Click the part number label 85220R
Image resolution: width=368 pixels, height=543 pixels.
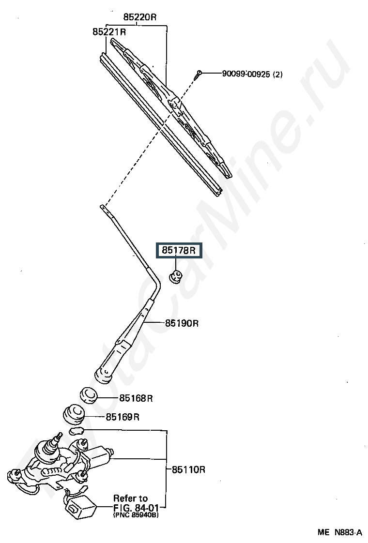(140, 17)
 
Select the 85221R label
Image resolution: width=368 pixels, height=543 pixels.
(109, 32)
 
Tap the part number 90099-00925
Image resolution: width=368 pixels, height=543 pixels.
(246, 74)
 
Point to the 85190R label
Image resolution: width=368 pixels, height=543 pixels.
(182, 323)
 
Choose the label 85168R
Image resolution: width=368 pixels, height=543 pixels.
(136, 398)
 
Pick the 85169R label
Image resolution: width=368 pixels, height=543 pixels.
(123, 417)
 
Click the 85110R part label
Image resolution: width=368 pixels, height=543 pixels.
(188, 469)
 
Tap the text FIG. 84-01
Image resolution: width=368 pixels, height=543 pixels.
(136, 508)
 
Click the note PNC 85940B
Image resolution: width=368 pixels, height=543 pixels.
(136, 515)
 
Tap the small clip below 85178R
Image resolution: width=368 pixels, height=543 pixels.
(176, 276)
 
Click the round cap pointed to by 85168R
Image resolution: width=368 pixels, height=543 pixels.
(89, 395)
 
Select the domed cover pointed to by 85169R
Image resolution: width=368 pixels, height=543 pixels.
(74, 413)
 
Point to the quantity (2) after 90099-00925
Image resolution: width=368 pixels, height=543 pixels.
(278, 74)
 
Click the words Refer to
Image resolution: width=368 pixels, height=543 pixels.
(131, 498)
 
